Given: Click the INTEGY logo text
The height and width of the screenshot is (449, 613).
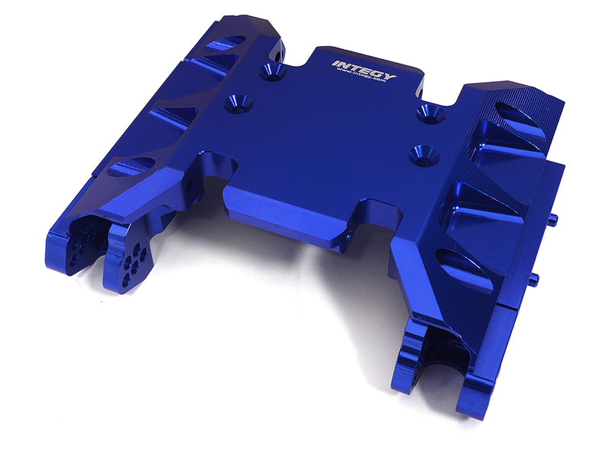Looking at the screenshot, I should tap(365, 70).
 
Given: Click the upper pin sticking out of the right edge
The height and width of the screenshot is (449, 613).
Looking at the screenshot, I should tap(552, 219).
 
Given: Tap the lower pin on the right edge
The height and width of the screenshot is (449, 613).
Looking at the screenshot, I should tap(533, 279).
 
